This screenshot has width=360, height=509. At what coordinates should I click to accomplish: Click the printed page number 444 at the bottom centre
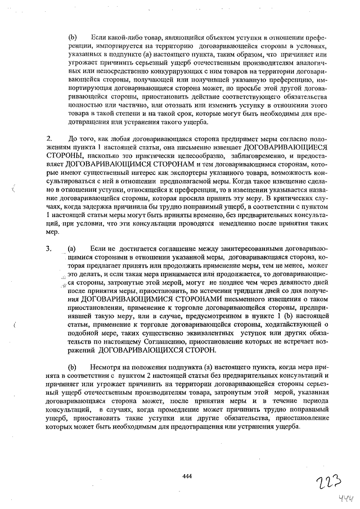[188, 476]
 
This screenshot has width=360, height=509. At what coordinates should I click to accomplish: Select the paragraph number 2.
[49, 138]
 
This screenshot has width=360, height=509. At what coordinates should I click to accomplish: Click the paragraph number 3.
[49, 248]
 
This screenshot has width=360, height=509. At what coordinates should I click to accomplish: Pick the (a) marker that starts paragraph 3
[72, 248]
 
